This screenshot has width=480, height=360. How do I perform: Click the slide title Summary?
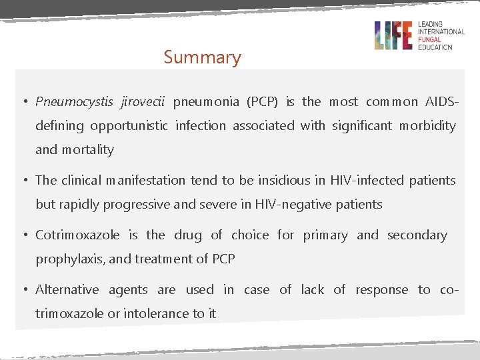(202, 57)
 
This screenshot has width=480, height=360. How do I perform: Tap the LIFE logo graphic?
(393, 35)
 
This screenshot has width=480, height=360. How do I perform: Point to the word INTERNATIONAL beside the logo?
(441, 32)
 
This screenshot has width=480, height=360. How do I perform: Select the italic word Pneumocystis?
(75, 102)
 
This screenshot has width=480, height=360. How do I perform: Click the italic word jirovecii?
(143, 102)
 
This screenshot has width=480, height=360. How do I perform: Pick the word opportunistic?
(129, 125)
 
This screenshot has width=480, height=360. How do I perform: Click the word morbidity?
(427, 125)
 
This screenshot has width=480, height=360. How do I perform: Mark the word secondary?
(417, 235)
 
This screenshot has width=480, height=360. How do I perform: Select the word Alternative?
(67, 289)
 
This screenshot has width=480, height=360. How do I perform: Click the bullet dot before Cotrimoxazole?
(23, 235)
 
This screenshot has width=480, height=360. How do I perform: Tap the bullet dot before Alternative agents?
(23, 289)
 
